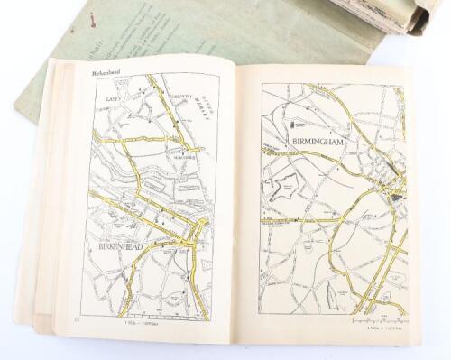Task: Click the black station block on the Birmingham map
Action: [397, 196]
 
